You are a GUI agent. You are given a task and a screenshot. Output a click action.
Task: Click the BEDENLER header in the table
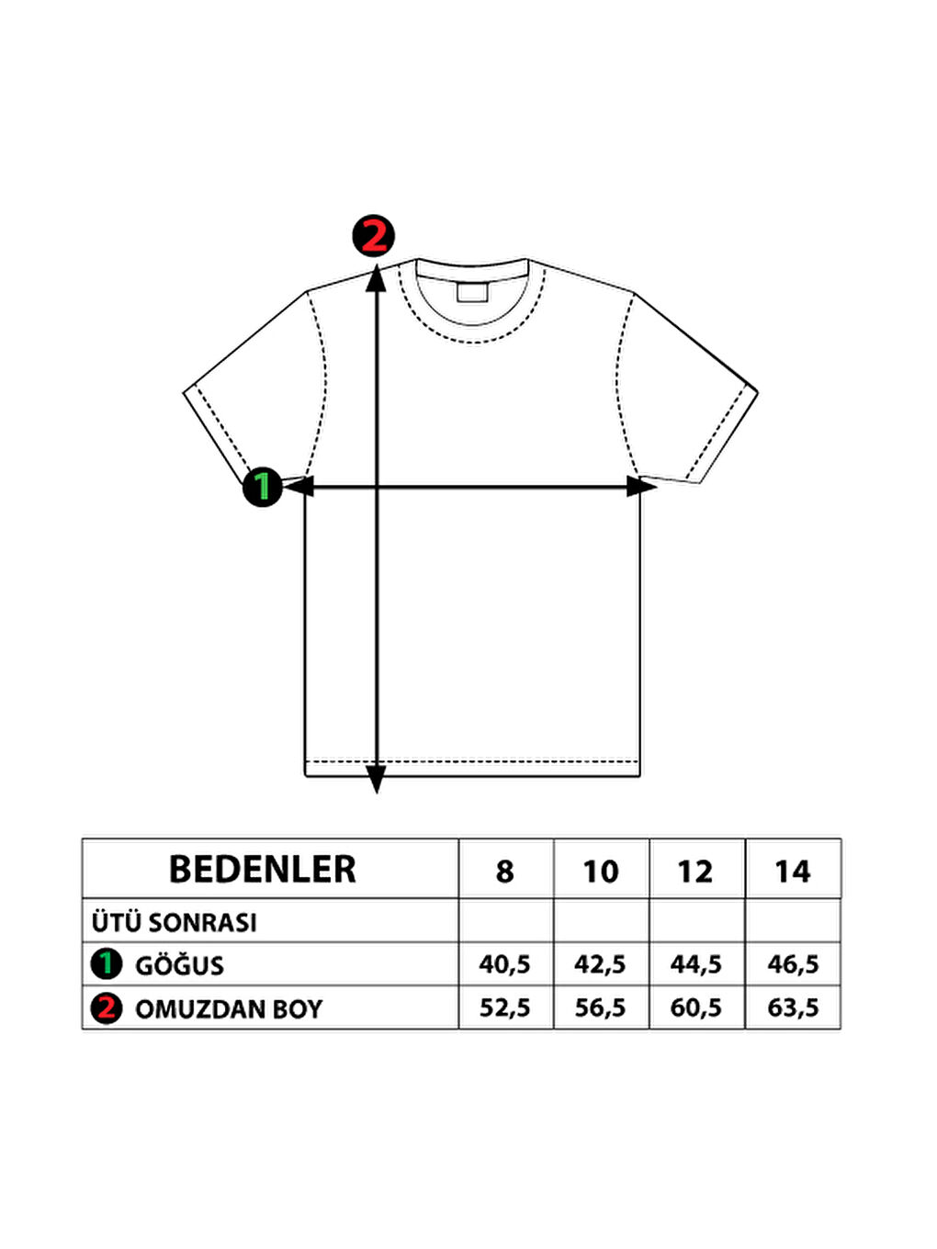point(263,869)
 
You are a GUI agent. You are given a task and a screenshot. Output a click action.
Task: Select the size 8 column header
point(504,872)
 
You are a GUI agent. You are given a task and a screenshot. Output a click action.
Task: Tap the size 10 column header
point(601,872)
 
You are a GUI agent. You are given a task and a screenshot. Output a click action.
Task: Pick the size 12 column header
point(695,872)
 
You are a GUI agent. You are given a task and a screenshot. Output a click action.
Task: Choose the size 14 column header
point(793,872)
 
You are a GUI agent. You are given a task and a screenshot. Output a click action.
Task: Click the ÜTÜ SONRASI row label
point(175,922)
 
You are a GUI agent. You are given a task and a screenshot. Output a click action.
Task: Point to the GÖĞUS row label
point(179,965)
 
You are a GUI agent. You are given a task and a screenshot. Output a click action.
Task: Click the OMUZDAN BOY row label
point(229,1009)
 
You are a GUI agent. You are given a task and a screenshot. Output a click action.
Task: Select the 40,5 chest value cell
point(504,964)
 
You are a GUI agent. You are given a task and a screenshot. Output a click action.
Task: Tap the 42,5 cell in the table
point(600,964)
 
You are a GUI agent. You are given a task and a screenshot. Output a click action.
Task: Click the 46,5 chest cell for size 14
point(793,964)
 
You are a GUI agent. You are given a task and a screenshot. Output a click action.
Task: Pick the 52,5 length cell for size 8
point(504,1007)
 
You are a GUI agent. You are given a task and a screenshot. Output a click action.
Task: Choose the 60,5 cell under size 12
point(695,1007)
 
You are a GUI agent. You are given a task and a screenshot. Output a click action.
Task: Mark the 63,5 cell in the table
point(793,1007)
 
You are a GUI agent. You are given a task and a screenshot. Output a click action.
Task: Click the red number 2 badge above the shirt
point(373,236)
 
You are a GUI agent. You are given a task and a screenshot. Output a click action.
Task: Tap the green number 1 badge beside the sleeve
point(263,487)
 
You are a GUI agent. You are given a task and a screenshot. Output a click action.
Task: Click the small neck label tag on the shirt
point(472,291)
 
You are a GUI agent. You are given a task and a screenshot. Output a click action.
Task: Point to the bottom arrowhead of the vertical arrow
point(376,779)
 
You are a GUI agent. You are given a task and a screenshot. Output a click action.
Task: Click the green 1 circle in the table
point(107,964)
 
